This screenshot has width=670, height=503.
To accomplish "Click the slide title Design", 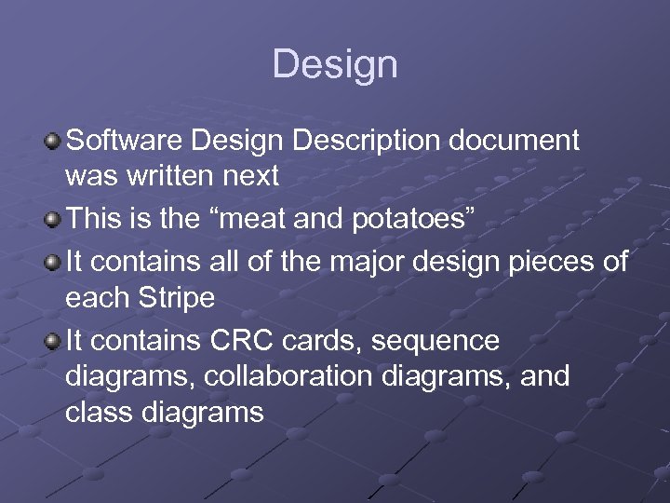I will pyautogui.click(x=335, y=64).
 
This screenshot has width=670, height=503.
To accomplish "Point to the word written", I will pyautogui.click(x=180, y=174).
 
